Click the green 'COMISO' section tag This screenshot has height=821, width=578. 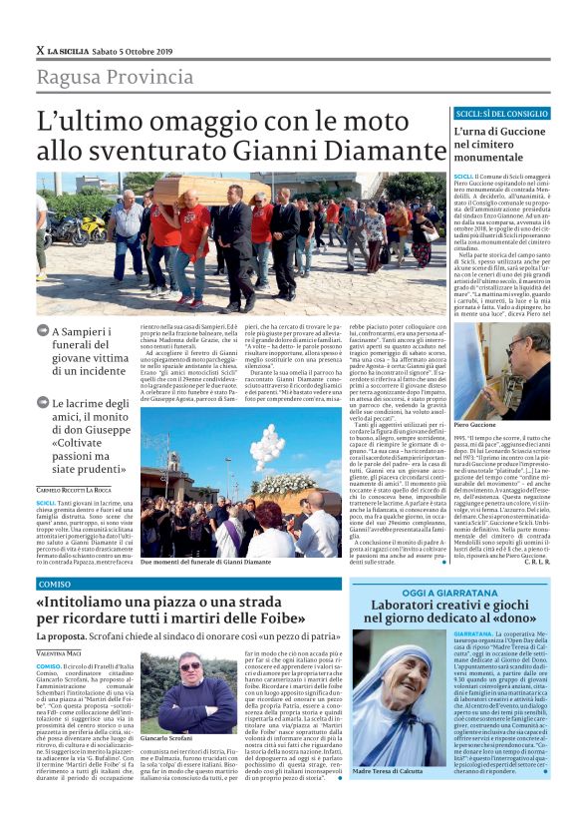tap(53, 584)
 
